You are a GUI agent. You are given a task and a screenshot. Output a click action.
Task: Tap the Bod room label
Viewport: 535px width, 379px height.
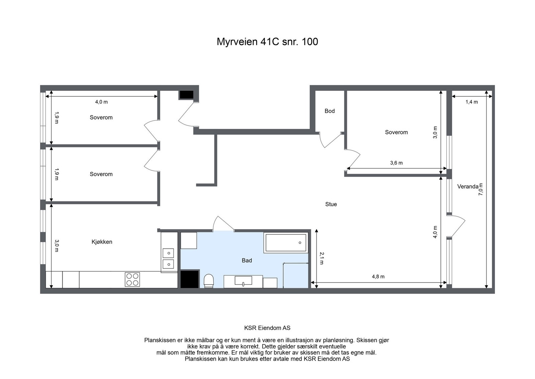coord(330,111)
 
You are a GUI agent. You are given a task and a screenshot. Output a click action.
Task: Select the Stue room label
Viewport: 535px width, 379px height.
coord(331,204)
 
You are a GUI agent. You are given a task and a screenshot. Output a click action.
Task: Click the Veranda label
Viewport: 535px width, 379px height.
coord(468,186)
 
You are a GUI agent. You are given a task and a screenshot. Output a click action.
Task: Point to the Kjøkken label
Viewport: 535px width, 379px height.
coord(102,242)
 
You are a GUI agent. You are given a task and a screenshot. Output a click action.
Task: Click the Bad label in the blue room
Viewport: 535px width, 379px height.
coord(247,260)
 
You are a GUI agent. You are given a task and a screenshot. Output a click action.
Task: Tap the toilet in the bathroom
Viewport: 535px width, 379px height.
coord(209,281)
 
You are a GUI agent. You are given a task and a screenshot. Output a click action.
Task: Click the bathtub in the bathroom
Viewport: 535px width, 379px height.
coord(286,243)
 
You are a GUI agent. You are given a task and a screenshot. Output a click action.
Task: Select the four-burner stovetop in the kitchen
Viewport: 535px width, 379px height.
coord(132,280)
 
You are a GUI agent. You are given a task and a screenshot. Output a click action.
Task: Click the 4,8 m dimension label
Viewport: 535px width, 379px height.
coord(378,277)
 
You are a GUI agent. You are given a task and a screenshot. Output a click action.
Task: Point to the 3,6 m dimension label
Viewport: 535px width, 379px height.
coord(397,163)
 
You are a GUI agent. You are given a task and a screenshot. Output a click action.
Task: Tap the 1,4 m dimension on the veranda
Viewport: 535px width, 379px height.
coord(472,102)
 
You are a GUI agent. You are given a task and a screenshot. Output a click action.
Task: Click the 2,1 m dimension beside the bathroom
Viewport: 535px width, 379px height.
coord(321,258)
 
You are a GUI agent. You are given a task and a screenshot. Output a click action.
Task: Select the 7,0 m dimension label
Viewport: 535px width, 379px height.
coord(480,189)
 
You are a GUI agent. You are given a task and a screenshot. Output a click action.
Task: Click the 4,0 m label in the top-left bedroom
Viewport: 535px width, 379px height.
coord(102,102)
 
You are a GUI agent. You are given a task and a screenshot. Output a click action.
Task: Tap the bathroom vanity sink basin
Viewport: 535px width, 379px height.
coord(243,281)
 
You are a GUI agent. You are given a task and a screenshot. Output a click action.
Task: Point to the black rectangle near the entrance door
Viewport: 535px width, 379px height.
coord(186,95)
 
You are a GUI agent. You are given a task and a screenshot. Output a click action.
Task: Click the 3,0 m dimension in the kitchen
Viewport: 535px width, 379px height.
coord(57,246)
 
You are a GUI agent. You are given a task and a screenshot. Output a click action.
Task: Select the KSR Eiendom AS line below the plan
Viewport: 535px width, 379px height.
coord(267,328)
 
